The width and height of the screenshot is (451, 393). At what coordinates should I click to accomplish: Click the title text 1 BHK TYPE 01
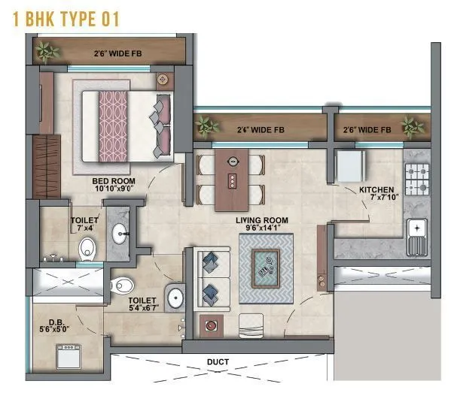(67, 19)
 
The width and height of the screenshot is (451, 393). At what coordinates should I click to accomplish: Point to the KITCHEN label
(377, 190)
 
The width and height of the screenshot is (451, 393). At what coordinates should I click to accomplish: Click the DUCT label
(218, 361)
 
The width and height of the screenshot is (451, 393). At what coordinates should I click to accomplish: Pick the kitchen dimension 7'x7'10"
(376, 198)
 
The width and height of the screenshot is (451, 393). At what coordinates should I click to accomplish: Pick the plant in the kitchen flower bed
(410, 125)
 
